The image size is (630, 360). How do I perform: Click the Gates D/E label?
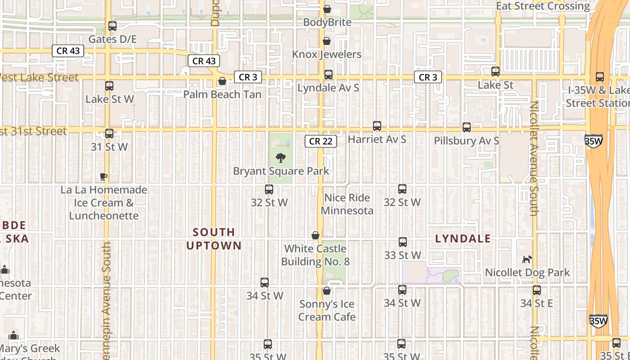tap(112, 39)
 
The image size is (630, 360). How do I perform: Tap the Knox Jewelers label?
tap(327, 54)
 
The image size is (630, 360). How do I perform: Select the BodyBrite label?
tap(327, 22)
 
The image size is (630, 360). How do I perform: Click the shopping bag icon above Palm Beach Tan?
tap(222, 81)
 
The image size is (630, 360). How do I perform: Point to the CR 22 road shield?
tap(321, 141)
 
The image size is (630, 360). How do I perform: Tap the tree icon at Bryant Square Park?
tap(281, 158)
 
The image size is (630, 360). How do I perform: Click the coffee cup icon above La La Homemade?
tap(103, 176)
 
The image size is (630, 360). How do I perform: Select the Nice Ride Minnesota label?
tap(347, 204)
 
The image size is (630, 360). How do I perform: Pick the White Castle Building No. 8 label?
tap(315, 255)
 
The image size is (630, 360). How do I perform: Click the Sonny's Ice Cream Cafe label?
tap(327, 310)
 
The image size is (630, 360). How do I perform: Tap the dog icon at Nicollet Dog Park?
tap(527, 259)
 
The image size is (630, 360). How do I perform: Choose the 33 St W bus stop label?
tap(402, 255)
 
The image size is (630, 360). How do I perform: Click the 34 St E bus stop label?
tap(536, 303)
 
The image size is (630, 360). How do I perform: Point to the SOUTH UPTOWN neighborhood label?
tap(214, 239)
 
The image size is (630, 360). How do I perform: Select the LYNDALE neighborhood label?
tap(463, 239)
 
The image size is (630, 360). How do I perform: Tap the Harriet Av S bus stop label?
tap(377, 139)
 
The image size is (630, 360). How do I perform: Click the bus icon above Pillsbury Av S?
tap(467, 127)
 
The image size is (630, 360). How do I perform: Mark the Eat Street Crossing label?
tap(543, 6)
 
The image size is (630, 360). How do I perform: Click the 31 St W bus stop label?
tap(109, 147)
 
